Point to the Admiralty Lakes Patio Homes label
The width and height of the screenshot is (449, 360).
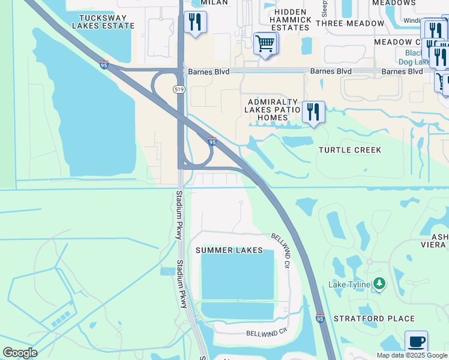click(273, 110)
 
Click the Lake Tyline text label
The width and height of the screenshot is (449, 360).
click(349, 284)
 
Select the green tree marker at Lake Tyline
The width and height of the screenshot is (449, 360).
click(379, 283)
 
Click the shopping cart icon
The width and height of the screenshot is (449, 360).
click(265, 44)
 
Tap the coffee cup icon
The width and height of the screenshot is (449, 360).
click(416, 342)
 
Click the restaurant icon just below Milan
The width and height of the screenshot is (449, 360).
click(194, 23)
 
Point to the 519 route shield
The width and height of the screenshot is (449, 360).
click(179, 89)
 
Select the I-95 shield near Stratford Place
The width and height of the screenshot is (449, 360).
click(321, 319)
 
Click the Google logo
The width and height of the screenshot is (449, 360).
click(20, 353)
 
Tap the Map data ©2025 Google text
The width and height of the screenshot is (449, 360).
click(412, 355)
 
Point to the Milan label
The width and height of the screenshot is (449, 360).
click(214, 3)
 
